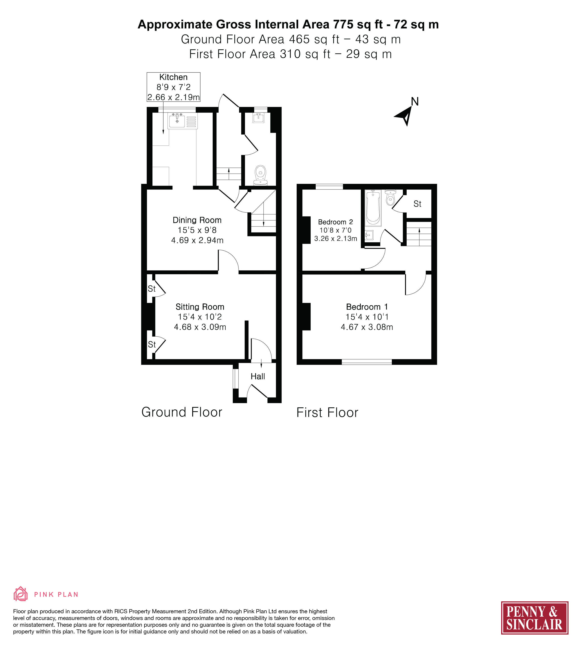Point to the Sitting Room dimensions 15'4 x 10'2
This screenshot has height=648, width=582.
coord(200,317)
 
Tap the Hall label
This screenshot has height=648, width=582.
coord(258,376)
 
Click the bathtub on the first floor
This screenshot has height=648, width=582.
coord(373,208)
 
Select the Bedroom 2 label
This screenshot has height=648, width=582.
coord(335,222)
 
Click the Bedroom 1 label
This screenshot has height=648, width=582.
coord(367,307)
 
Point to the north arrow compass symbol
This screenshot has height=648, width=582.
coord(405,116)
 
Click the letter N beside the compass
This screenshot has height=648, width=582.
coord(415,102)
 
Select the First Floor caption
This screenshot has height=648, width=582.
coord(327,413)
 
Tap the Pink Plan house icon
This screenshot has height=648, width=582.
coord(20,594)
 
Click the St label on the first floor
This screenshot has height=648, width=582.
coord(417,204)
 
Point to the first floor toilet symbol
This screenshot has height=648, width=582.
coord(390,197)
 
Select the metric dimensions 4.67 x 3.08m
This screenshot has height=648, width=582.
coord(367,327)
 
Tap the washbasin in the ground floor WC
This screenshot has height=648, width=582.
coord(258,118)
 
